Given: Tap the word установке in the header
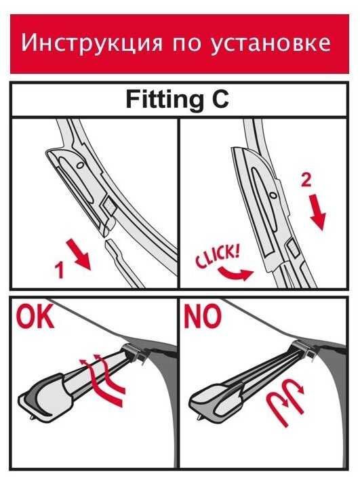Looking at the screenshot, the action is point(271,43).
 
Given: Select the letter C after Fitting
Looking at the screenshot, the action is point(220,99).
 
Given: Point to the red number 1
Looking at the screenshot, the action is point(59,270).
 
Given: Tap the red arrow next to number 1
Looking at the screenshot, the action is point(79,255).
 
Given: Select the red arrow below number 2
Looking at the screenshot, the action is point(317,212).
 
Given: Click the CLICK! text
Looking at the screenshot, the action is point(218,256).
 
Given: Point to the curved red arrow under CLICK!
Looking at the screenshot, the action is point(235,273).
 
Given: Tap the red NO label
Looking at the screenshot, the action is point(202,316).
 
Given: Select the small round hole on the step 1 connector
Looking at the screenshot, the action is point(80,165).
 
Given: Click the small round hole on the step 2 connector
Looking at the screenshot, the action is point(272,195).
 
